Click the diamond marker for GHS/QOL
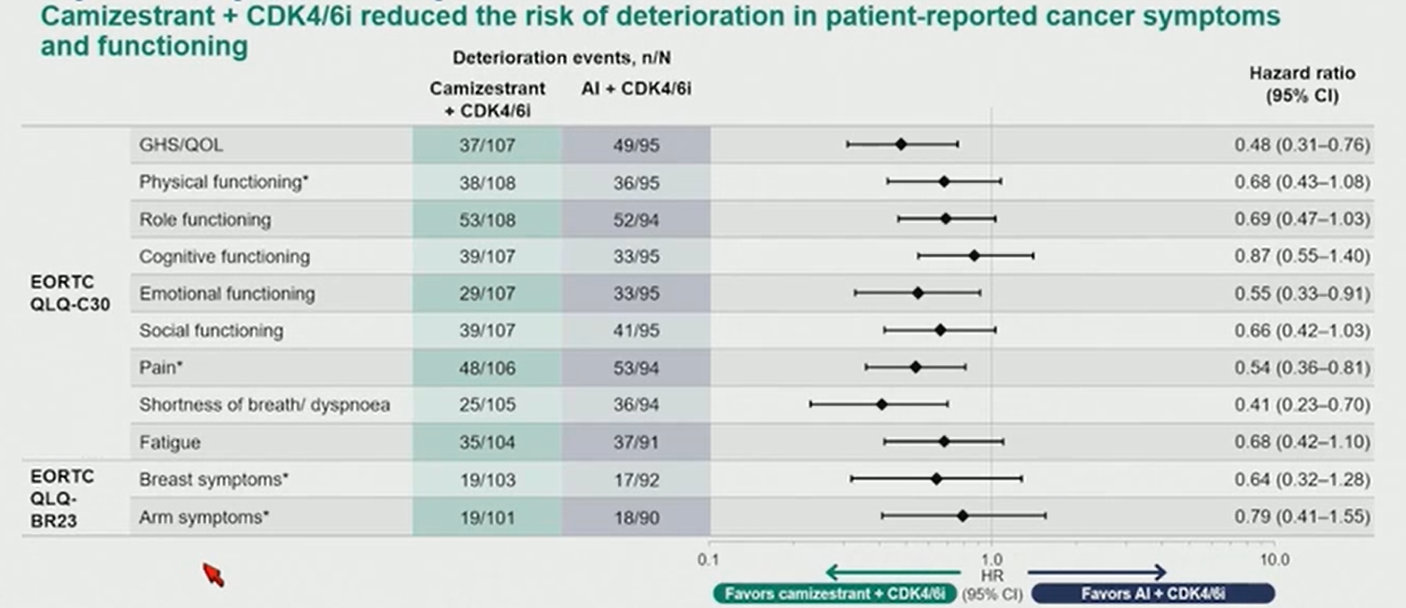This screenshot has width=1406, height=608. tap(901, 145)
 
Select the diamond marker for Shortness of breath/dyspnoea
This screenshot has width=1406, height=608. tap(882, 404)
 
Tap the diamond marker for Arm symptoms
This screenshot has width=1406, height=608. tap(963, 516)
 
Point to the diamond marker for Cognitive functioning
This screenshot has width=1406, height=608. tap(974, 256)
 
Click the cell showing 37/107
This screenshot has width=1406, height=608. tap(487, 145)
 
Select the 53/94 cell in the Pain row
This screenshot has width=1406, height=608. tap(636, 367)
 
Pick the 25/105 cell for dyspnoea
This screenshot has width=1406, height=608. tap(487, 404)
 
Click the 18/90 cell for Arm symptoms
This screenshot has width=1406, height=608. tap(636, 517)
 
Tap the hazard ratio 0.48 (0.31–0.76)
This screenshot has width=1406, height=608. tap(1301, 145)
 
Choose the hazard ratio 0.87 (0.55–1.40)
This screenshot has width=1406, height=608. tap(1301, 256)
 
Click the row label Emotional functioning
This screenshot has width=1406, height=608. tap(227, 293)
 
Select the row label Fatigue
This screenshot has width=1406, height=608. tap(170, 442)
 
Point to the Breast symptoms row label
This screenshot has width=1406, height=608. tap(214, 479)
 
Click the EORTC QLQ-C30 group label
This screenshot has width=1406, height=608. tap(70, 293)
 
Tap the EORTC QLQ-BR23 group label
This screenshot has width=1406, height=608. tap(63, 499)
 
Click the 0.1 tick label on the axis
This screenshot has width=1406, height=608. tap(708, 559)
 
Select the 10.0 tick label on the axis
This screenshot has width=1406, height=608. tap(1274, 559)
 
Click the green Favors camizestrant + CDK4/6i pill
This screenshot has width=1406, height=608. tap(835, 594)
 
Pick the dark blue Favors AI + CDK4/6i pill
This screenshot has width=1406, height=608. tap(1153, 594)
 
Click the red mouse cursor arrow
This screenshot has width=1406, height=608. tap(213, 574)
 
